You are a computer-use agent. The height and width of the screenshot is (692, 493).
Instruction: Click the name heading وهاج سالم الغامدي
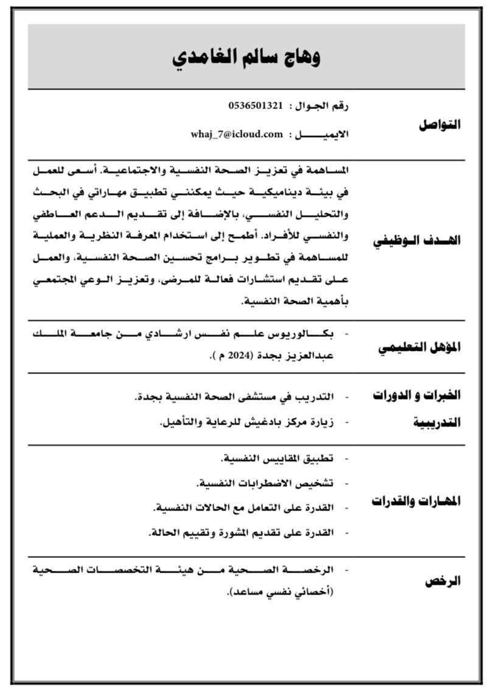point(246,57)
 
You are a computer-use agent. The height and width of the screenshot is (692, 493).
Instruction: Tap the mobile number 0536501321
point(256,105)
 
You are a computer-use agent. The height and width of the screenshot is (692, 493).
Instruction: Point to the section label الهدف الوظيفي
point(417,240)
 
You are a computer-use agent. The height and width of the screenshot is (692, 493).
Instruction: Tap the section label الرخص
point(442,581)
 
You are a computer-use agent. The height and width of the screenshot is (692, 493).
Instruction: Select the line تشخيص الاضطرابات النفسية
point(265,483)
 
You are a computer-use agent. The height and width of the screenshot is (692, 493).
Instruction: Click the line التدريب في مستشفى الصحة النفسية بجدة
point(234,397)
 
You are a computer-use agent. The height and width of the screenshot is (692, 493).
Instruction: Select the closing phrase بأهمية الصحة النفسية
point(294,302)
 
